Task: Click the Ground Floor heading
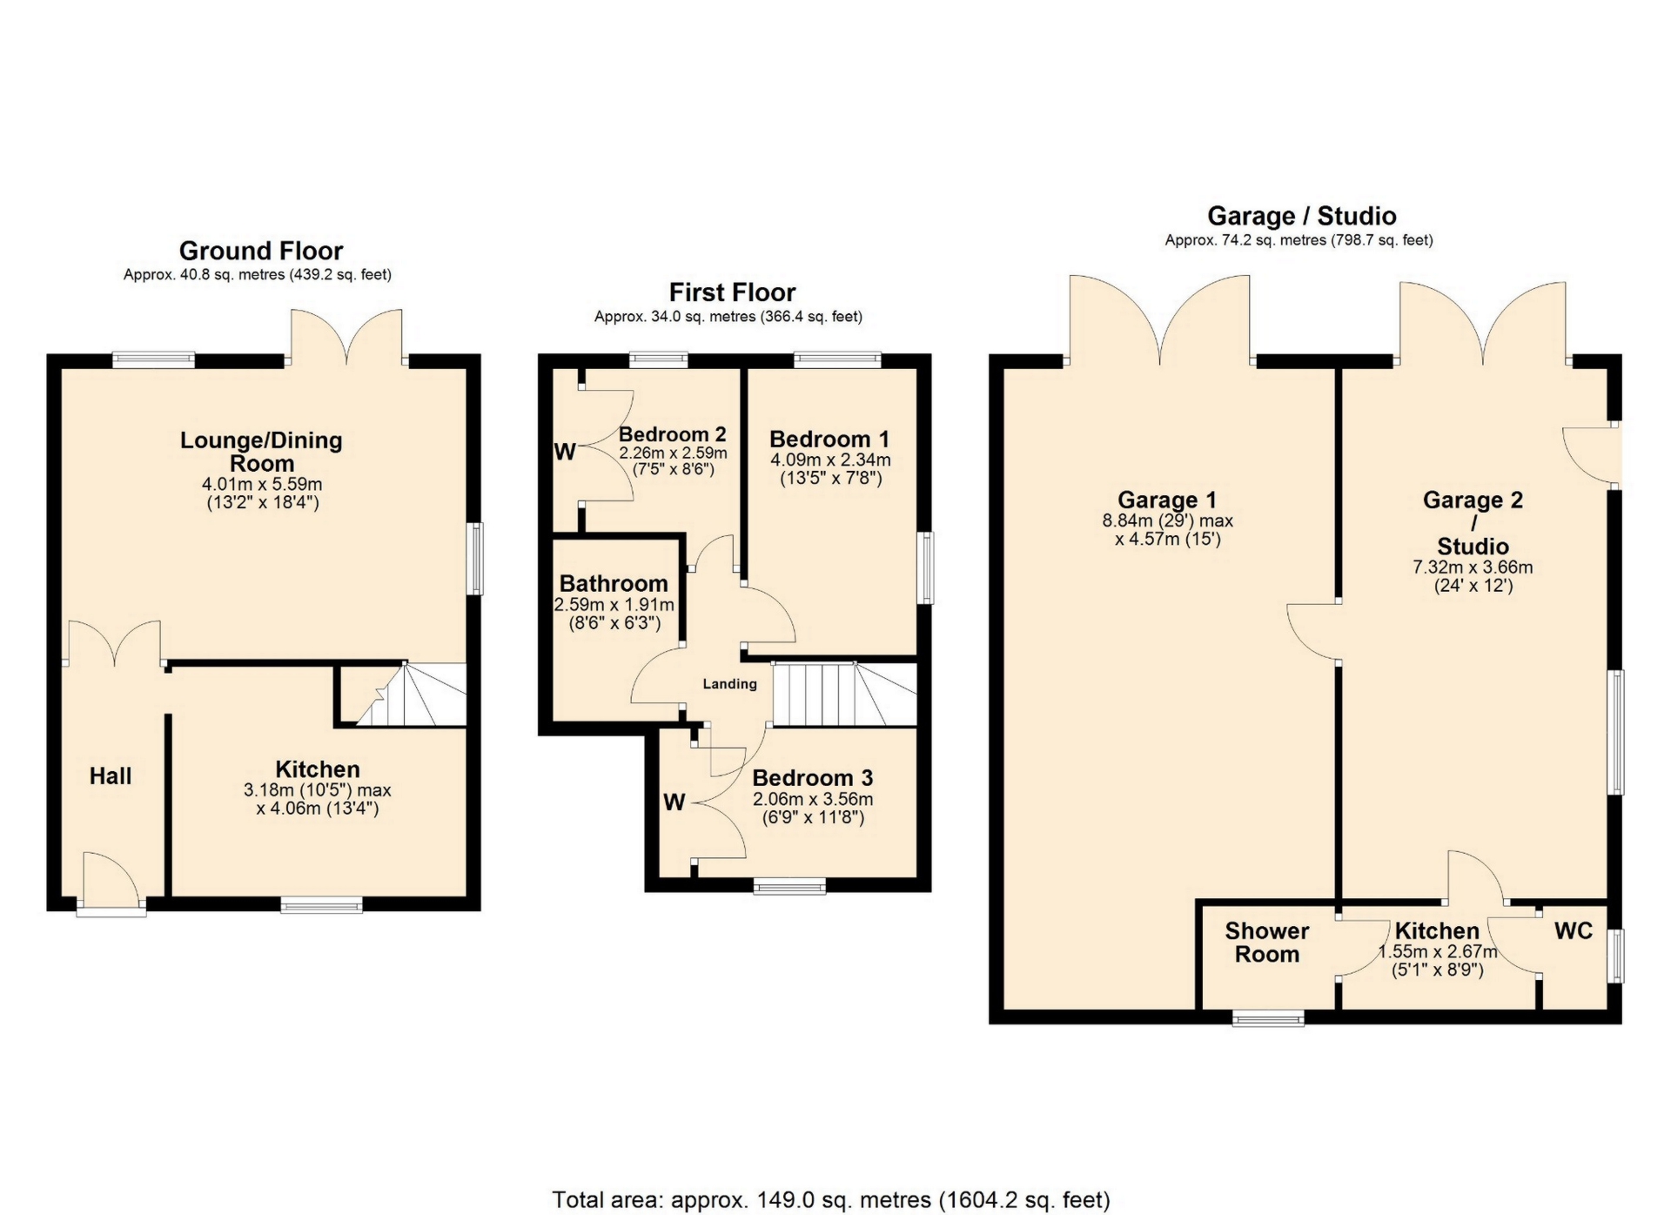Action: click(x=261, y=251)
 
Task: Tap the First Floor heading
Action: click(x=732, y=292)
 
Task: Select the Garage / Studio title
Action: click(x=1302, y=216)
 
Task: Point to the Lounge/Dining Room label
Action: click(x=261, y=452)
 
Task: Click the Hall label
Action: click(x=111, y=776)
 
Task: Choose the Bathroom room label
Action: click(x=614, y=583)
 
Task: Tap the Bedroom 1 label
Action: click(x=830, y=439)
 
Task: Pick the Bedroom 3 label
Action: click(x=813, y=777)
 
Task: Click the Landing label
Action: click(x=730, y=684)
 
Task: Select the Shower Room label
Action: click(x=1267, y=943)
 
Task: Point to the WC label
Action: click(x=1574, y=931)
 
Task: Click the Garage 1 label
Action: click(x=1167, y=500)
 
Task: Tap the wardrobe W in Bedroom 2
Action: click(x=565, y=452)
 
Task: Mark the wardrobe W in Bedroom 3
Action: click(x=674, y=802)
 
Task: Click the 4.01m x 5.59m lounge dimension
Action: click(x=262, y=484)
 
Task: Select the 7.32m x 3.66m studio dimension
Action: click(x=1473, y=567)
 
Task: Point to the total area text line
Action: click(x=831, y=1200)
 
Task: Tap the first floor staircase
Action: click(x=845, y=695)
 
